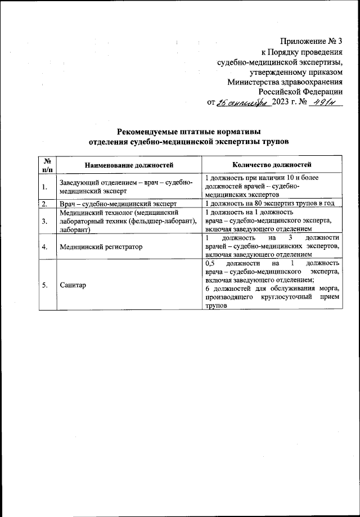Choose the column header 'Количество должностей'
coord(272,165)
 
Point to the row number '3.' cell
coord(44,221)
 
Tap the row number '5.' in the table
coord(44,285)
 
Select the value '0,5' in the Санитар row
coord(210,263)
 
